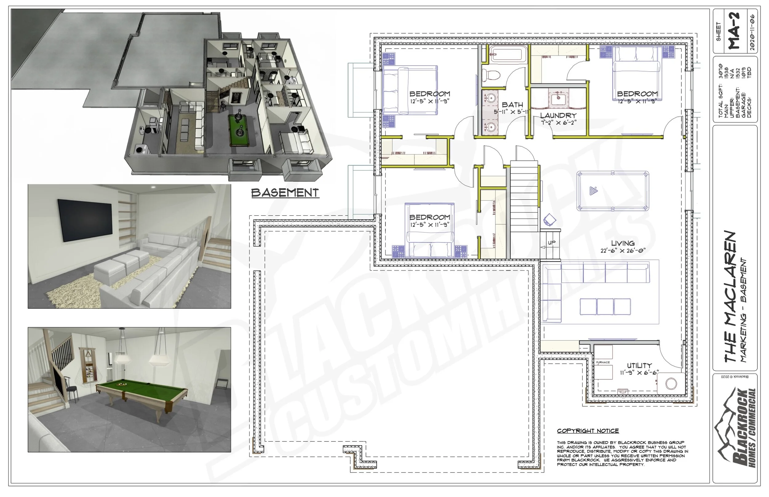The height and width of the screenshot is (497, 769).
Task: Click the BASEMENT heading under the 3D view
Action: pyautogui.click(x=285, y=193)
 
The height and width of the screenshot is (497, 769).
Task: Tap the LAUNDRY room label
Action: pyautogui.click(x=558, y=115)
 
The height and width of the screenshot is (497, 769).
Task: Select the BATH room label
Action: pyautogui.click(x=512, y=104)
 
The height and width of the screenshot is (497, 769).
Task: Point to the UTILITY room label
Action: pyautogui.click(x=639, y=366)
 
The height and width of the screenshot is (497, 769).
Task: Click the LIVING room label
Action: pyautogui.click(x=623, y=243)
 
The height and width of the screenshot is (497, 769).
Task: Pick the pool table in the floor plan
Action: pyautogui.click(x=612, y=191)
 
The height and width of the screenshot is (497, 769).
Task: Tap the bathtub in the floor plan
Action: pyautogui.click(x=508, y=53)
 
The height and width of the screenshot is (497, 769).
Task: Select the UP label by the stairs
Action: pyautogui.click(x=552, y=242)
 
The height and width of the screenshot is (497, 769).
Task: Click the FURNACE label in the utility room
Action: pyautogui.click(x=603, y=362)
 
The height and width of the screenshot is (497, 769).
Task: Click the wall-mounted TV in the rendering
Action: pyautogui.click(x=85, y=220)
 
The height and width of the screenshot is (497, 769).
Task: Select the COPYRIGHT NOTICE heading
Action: pyautogui.click(x=588, y=431)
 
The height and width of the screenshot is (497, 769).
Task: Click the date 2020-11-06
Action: pyautogui.click(x=752, y=32)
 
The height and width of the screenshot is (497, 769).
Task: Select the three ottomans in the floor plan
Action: pyautogui.click(x=605, y=307)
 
